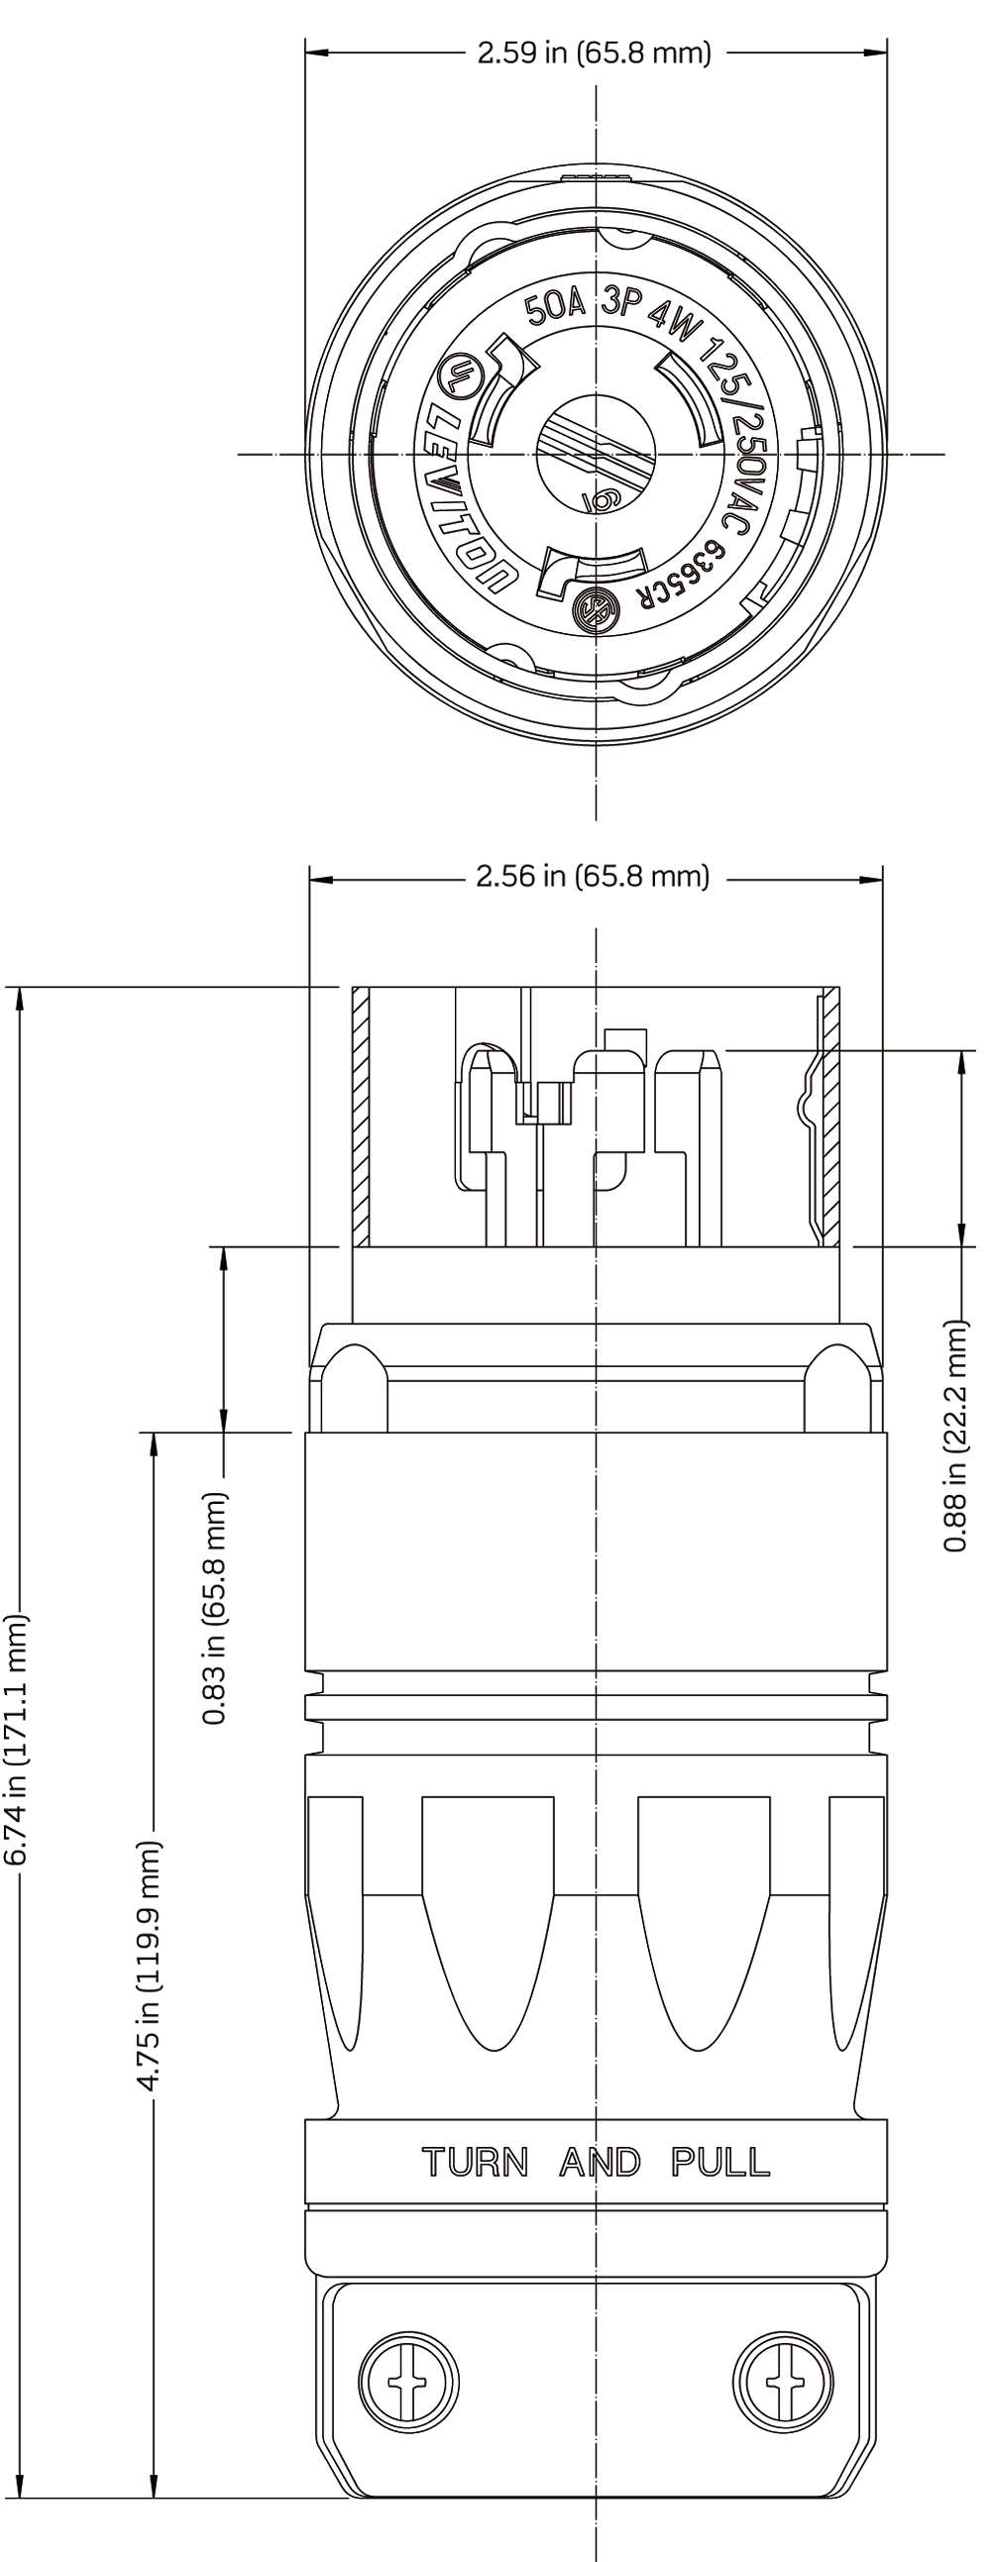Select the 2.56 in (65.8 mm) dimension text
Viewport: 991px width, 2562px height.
593,876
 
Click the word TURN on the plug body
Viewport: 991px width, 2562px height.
475,2161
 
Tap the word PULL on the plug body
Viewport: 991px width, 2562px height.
720,2161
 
